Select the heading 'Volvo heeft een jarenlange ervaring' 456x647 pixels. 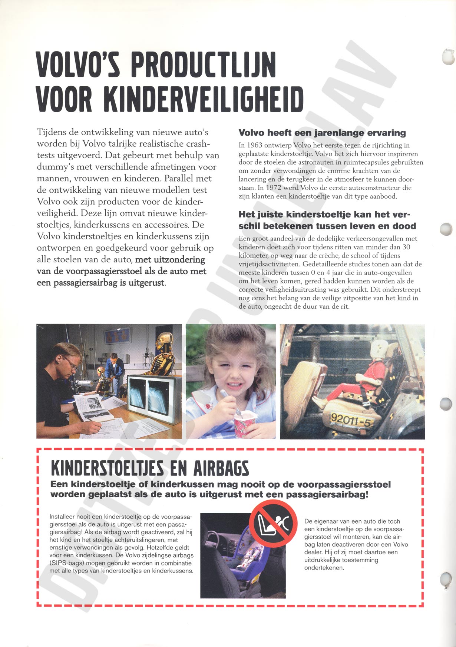point(322,133)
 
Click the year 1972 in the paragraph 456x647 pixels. point(274,188)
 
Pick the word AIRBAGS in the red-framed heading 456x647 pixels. point(221,468)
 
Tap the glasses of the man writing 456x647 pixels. point(71,362)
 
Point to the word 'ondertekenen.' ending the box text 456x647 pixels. point(324,568)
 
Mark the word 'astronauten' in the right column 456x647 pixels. point(315,162)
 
